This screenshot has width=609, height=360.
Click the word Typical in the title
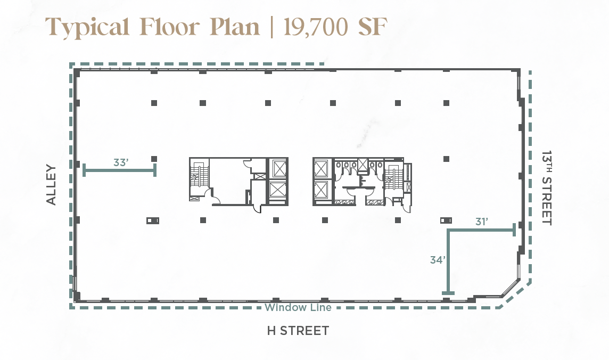coord(87,27)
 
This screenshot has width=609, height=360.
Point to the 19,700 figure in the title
coord(316,27)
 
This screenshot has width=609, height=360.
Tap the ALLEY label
coord(51,184)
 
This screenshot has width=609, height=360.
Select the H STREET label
coord(298,331)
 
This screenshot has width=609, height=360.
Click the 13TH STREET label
coord(547,188)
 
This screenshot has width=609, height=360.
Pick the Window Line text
coord(298,308)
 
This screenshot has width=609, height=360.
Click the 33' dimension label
coord(121,162)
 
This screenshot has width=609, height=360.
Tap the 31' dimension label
coord(482,222)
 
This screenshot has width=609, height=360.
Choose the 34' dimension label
coord(438,260)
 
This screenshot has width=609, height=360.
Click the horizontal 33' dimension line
coord(120,170)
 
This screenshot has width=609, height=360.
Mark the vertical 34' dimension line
coord(448,262)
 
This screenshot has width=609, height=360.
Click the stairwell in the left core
coord(199,179)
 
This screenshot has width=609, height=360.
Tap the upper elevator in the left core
coord(278,168)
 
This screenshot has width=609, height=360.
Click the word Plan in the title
coord(235,27)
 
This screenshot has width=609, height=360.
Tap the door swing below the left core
coord(257,209)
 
